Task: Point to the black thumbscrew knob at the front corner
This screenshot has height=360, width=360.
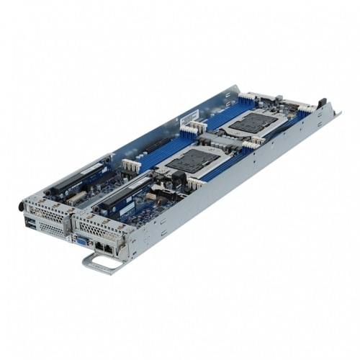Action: (x=22, y=206)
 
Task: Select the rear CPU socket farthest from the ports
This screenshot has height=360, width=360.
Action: (x=253, y=123)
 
